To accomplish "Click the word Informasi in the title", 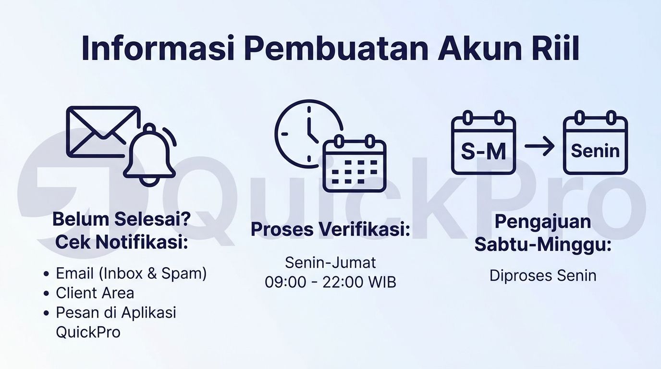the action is coord(158,48).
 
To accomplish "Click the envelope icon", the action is coord(103,132).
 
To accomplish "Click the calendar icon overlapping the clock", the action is coord(355,163).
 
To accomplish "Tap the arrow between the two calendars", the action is coord(539,146).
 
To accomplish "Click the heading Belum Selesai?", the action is coord(122,219).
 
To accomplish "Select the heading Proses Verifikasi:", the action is coord(330,229).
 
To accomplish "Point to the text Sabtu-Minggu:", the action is coord(543,245).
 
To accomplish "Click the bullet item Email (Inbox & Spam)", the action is coord(131,274).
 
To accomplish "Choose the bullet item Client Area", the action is coord(95,293).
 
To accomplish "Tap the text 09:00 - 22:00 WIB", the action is coord(330,282).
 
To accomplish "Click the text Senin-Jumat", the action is coord(330,263).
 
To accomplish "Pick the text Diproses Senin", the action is coord(543,276).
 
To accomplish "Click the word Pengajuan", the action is coord(543,222).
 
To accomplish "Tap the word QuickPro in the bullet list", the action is coord(88,332).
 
